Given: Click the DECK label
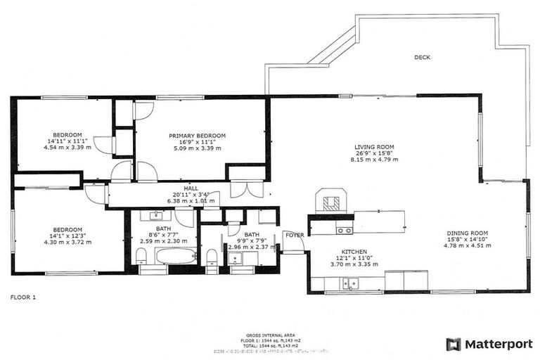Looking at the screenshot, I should [422, 58].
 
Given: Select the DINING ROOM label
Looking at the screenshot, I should [468, 233].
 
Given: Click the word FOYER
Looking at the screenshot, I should [293, 236].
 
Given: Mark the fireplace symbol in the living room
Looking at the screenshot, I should [330, 202].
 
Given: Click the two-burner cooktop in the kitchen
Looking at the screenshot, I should [344, 230].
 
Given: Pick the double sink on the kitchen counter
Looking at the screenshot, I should [349, 284].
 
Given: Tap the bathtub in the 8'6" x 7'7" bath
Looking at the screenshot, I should [175, 256].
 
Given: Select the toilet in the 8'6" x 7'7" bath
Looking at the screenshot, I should [212, 256].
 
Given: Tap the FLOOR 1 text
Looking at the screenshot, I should [22, 297].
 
